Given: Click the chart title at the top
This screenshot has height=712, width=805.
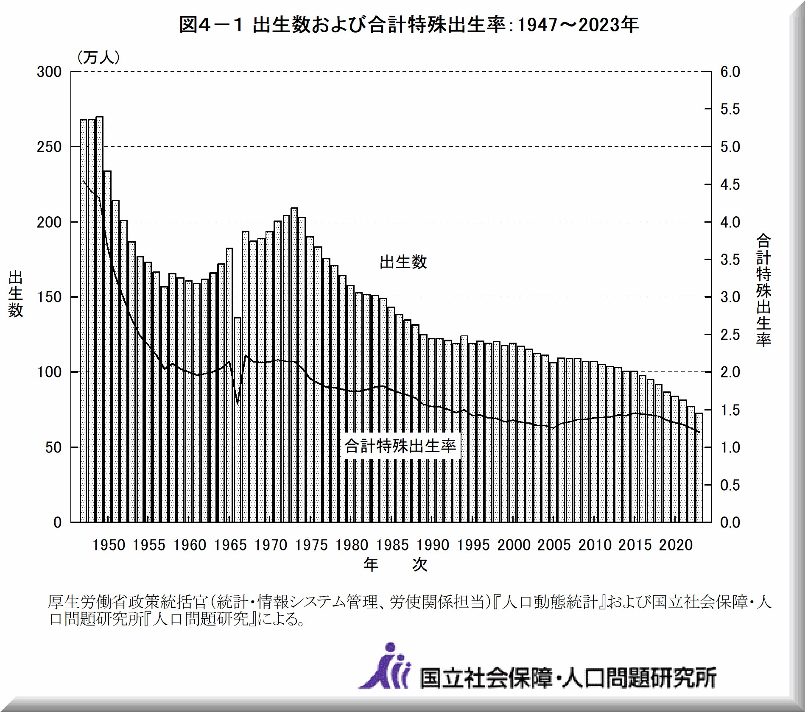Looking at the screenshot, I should [x=408, y=25].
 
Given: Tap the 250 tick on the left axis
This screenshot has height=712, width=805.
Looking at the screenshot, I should [x=49, y=147].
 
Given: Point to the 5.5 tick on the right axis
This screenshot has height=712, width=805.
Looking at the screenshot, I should [x=730, y=109].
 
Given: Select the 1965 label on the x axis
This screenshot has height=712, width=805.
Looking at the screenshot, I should [x=230, y=545].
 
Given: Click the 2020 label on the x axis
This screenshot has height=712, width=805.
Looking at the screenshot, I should [x=676, y=545].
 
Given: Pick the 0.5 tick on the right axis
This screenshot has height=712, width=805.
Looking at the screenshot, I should [x=730, y=485].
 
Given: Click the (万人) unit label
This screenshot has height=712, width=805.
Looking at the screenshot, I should [x=98, y=57].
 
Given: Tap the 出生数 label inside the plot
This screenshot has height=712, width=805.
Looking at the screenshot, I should [x=403, y=262].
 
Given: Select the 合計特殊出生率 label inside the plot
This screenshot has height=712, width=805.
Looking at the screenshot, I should [x=400, y=446].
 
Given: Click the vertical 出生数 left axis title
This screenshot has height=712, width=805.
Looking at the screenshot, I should [x=15, y=293].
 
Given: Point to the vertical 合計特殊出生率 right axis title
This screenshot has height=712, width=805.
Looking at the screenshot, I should [x=763, y=290].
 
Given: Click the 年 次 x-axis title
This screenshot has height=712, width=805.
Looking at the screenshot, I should [x=395, y=565].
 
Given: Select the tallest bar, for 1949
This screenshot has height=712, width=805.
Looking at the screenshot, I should [x=100, y=318].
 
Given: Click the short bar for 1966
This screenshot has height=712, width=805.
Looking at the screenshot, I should [x=238, y=420].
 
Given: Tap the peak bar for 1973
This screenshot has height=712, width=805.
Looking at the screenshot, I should [x=294, y=365].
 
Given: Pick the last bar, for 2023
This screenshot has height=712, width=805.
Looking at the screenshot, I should [x=699, y=466].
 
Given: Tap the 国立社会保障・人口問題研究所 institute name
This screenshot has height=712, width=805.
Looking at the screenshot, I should [x=568, y=677].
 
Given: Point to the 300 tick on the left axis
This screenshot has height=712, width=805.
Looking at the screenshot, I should [x=49, y=72].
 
